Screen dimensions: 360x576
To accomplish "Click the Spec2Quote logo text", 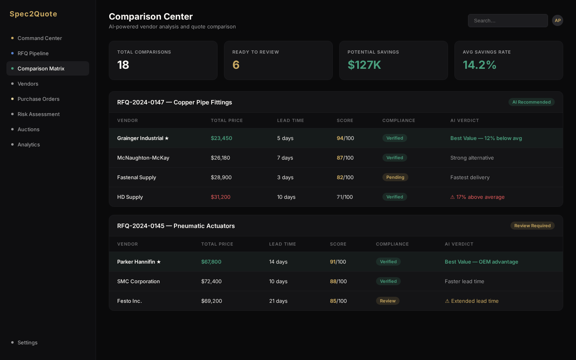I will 33,14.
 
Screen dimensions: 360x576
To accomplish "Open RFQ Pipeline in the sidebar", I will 33,53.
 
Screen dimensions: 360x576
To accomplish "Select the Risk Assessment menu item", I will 38,114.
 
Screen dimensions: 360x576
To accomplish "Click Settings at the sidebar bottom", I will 27,342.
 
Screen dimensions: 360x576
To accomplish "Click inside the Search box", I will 508,20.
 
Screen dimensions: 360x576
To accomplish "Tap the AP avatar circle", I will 557,20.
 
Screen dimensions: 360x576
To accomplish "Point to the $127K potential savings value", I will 364,65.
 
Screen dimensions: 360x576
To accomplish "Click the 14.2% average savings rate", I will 479,65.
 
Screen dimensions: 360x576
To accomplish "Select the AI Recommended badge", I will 531,102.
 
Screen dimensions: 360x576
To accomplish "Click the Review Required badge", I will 532,226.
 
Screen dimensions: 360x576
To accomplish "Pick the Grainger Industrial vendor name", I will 140,138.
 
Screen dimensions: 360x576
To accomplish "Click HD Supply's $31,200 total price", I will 220,197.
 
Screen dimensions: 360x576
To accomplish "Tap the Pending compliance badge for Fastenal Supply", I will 395,177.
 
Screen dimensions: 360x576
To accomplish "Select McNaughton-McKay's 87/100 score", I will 345,158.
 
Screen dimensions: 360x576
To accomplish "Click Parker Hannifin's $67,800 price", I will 211,262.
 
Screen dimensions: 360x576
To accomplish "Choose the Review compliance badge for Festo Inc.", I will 387,301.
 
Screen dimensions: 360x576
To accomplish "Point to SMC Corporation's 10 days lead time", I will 278,281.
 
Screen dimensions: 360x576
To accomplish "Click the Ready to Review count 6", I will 236,65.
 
